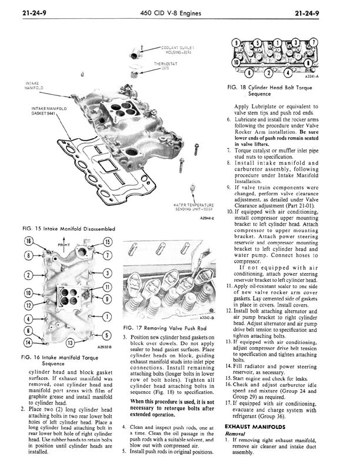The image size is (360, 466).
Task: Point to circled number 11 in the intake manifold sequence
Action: [106, 287]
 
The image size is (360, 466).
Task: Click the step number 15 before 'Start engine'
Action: [229, 379]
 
